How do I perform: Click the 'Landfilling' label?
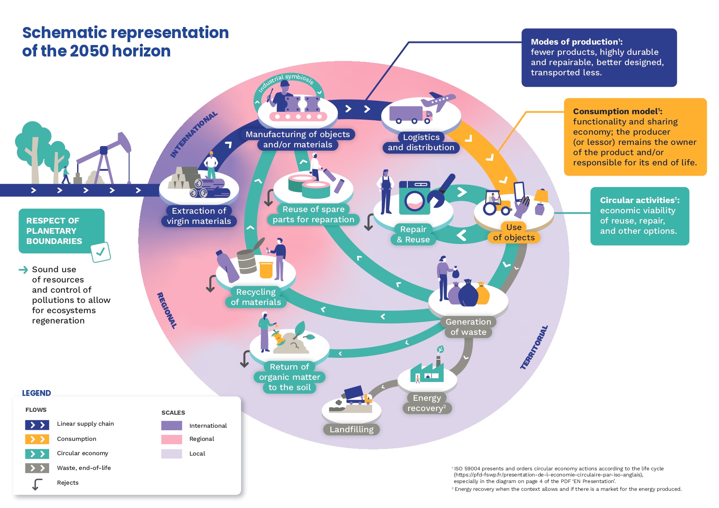[x=351, y=429]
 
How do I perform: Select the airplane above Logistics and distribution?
[x=439, y=101]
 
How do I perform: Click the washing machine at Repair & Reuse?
[x=414, y=198]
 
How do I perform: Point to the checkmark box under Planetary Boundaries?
[x=100, y=252]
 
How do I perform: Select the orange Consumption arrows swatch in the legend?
[x=37, y=439]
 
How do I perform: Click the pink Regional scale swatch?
[x=171, y=439]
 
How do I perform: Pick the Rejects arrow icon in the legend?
[x=37, y=484]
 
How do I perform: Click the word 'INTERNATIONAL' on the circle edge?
[x=193, y=135]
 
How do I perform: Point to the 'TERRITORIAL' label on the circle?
[x=534, y=348]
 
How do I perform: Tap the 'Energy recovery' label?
[x=427, y=403]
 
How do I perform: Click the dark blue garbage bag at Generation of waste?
[x=468, y=294]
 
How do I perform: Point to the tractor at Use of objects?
[x=496, y=203]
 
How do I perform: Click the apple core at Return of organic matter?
[x=279, y=337]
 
